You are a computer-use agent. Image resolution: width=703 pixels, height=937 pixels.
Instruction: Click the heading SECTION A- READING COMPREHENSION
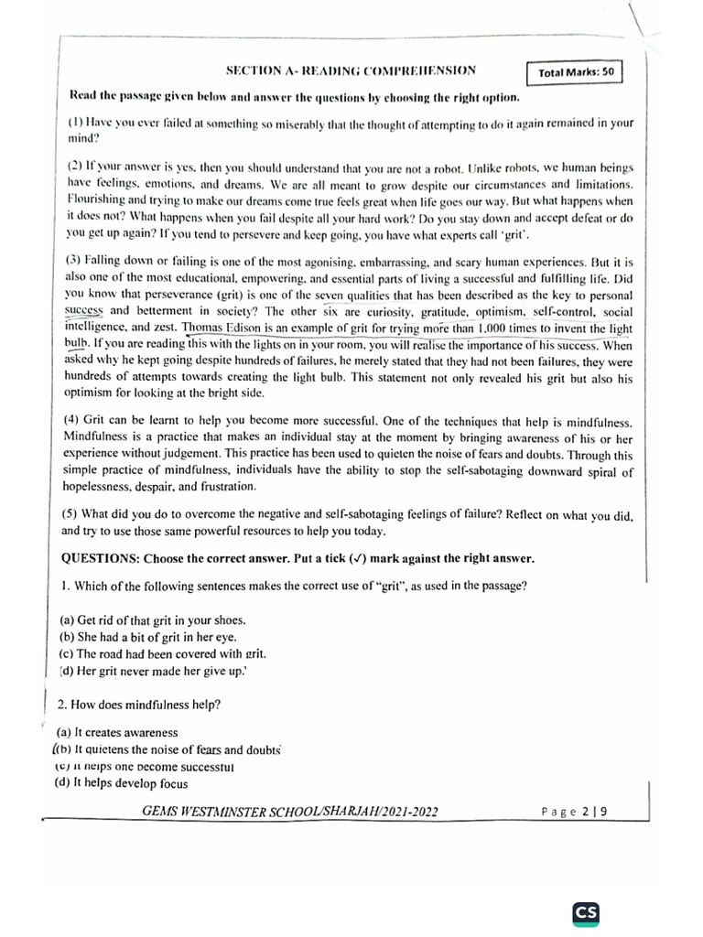[351, 71]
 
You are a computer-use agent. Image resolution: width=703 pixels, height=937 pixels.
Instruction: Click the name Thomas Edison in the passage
[221, 328]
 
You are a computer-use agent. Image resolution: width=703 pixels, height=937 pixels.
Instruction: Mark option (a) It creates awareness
[117, 733]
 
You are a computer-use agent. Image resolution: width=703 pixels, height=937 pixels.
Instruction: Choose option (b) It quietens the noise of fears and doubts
[168, 749]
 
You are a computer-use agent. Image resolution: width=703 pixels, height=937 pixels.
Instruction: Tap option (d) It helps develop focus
[122, 783]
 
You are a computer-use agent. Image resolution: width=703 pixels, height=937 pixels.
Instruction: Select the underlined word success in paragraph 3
[81, 311]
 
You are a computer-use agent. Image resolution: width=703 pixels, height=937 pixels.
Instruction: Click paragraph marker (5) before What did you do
[70, 513]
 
